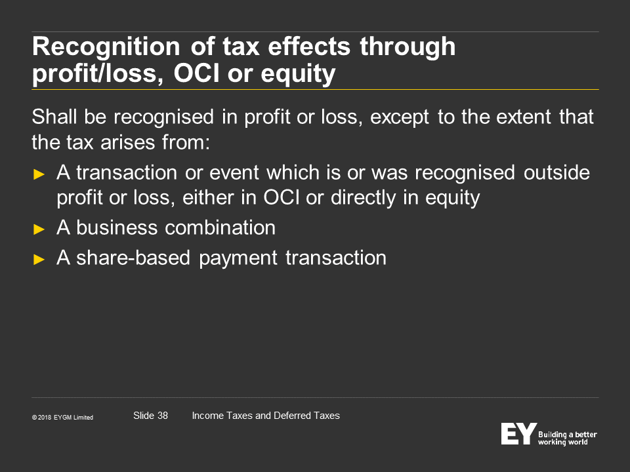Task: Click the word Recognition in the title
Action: (x=106, y=47)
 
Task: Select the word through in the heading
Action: (x=408, y=47)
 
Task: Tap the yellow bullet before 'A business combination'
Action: (x=39, y=229)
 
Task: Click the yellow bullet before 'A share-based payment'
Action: (x=39, y=260)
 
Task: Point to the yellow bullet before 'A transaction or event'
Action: (x=39, y=174)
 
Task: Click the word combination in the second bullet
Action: (x=220, y=227)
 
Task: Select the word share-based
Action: (x=133, y=257)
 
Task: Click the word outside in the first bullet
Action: (x=556, y=172)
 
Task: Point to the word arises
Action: (x=128, y=142)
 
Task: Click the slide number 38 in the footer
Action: (x=162, y=416)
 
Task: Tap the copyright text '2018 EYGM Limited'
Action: (x=66, y=418)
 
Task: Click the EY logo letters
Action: (x=518, y=433)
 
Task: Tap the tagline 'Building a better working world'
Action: (x=567, y=439)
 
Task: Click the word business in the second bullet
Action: (x=117, y=227)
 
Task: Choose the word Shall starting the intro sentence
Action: (x=54, y=117)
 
